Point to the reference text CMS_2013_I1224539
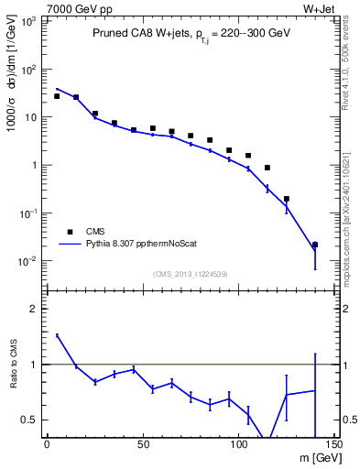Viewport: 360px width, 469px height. tap(190, 273)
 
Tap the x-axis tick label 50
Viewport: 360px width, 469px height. tap(142, 446)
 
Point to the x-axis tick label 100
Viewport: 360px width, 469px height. tap(238, 446)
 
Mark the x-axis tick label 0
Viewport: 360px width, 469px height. tap(47, 446)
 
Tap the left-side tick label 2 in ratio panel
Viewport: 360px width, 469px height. tap(35, 309)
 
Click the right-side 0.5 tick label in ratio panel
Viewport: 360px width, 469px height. tap(347, 420)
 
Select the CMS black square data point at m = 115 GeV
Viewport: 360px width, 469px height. tap(267, 168)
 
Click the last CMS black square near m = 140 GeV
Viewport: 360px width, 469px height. tap(315, 245)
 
